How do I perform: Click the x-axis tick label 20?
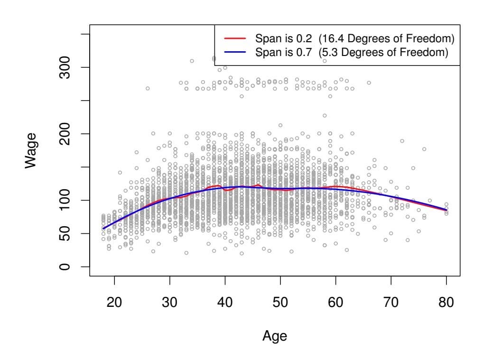pos(114,302)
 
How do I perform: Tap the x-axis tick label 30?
pos(170,302)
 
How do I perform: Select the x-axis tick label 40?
pos(225,302)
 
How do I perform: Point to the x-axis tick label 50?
pos(280,302)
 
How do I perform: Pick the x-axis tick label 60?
pos(335,302)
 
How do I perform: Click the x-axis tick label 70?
pos(391,302)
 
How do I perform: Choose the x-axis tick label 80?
pos(446,302)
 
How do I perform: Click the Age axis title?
pos(274,336)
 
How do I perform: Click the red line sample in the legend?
pos(235,37)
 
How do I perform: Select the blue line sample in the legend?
pos(235,52)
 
